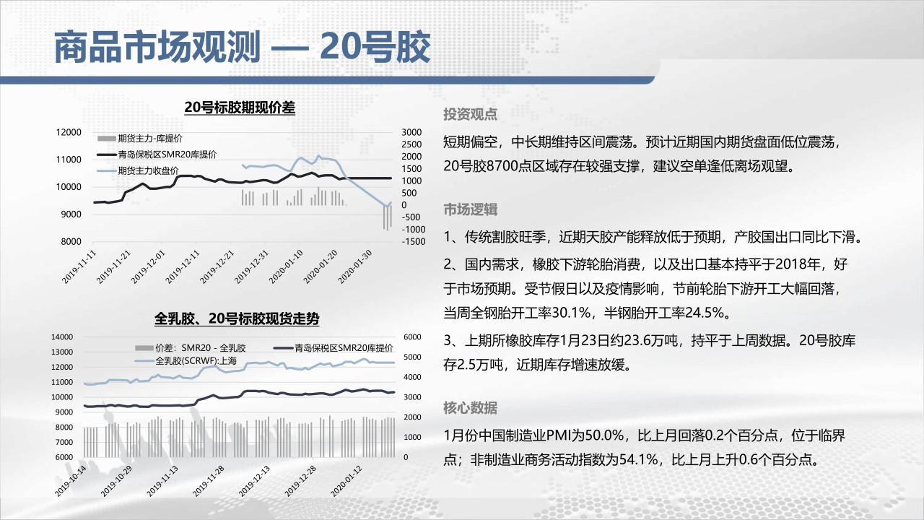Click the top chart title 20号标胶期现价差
click(x=240, y=108)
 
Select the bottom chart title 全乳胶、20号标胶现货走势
click(x=237, y=318)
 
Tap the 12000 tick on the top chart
click(x=69, y=132)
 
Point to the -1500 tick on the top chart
click(x=414, y=242)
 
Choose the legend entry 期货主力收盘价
click(x=148, y=171)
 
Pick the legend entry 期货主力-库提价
click(x=149, y=139)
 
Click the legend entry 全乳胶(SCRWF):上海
click(x=196, y=361)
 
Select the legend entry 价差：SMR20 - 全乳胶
click(x=201, y=348)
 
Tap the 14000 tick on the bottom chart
click(x=62, y=337)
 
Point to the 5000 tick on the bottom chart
click(x=412, y=357)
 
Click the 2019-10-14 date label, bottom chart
click(x=71, y=481)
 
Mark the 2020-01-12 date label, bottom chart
click(x=346, y=481)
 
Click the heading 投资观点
click(x=470, y=114)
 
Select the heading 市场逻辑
click(x=470, y=209)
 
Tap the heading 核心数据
click(x=470, y=408)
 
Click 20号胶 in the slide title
click(x=375, y=47)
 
